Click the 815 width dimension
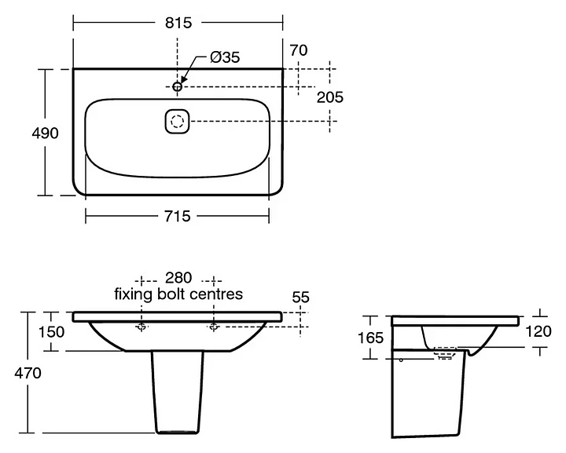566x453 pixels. (x=178, y=24)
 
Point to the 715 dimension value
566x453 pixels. (x=178, y=216)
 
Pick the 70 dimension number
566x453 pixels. (x=297, y=50)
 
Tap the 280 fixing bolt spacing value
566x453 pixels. (x=178, y=278)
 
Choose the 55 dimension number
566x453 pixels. (x=300, y=297)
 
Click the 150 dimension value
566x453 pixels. (x=51, y=332)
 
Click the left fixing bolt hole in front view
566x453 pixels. (x=142, y=327)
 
